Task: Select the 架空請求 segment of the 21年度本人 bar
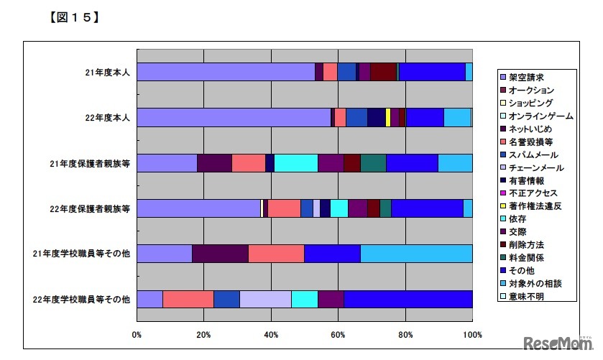click(226, 72)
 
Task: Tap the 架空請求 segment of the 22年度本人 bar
click(234, 117)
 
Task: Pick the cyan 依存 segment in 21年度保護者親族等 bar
click(295, 163)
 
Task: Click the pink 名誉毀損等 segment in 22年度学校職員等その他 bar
click(188, 299)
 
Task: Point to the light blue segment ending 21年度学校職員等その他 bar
click(416, 254)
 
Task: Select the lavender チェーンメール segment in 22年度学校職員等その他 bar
click(265, 299)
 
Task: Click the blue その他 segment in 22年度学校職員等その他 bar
click(408, 299)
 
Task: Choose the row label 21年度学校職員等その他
click(82, 254)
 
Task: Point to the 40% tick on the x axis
click(271, 335)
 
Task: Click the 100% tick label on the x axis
click(471, 335)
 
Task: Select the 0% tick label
click(137, 335)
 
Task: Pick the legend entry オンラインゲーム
click(540, 116)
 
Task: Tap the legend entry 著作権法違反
click(535, 206)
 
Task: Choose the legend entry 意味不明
click(527, 296)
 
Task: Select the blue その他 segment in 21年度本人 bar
click(432, 72)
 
